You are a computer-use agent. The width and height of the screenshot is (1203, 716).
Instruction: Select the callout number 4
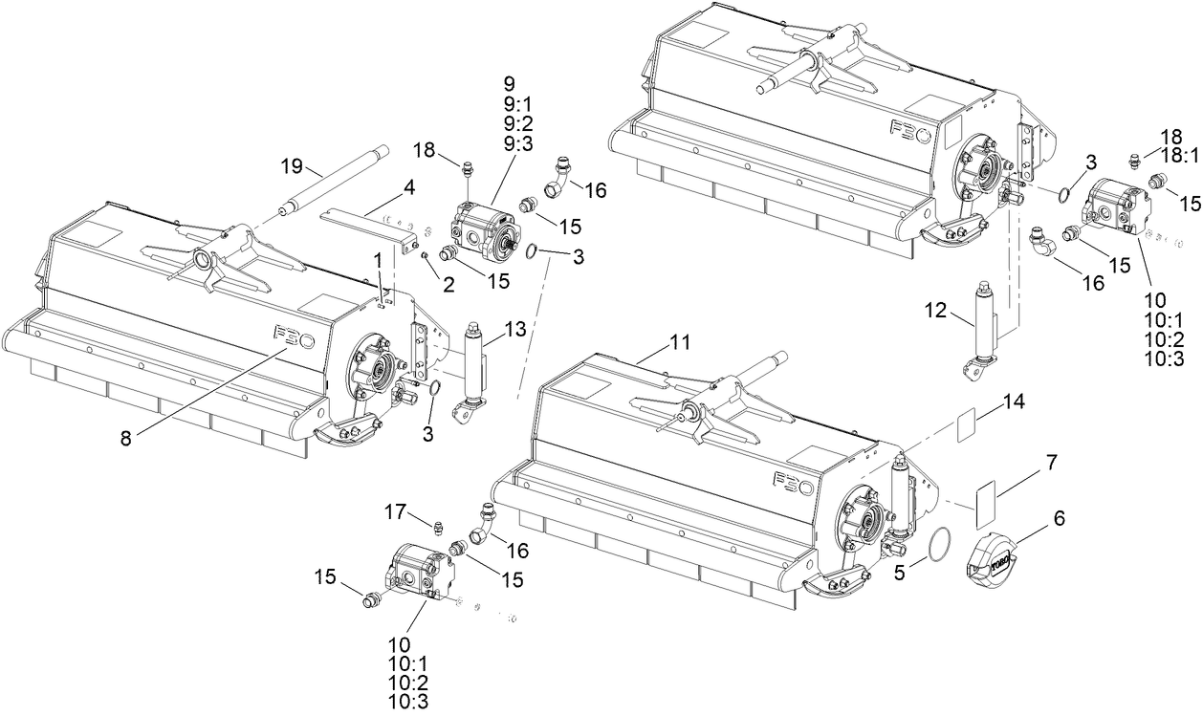[x=408, y=188]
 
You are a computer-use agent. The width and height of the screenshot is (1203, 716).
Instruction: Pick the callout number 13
[x=514, y=330]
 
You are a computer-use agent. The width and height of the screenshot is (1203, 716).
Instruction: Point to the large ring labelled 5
[x=938, y=542]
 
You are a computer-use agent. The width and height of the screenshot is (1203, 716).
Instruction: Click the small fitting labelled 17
[x=436, y=527]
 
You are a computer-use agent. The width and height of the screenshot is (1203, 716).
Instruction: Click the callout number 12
[x=937, y=310]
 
